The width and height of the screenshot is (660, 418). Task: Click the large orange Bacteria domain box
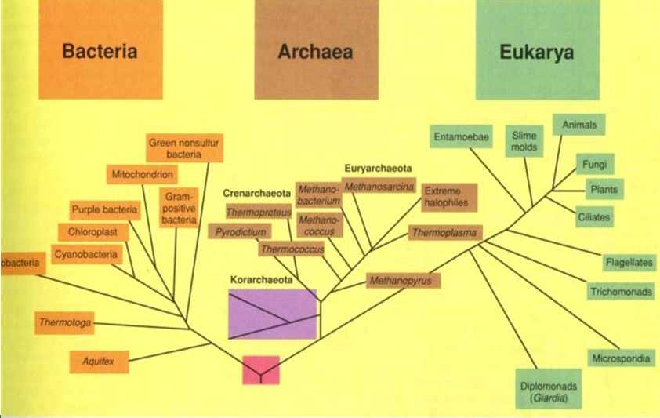100,53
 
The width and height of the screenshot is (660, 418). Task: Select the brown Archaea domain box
315,53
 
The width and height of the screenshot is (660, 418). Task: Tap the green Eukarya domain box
537,53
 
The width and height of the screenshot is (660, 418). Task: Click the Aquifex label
98,362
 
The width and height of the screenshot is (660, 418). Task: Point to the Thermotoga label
65,322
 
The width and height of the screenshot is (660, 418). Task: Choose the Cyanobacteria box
86,254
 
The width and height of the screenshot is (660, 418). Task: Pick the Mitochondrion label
142,173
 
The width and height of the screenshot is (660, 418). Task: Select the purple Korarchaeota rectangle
272,314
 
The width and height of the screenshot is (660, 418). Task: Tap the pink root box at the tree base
261,369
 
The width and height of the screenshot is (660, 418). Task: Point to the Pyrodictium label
239,231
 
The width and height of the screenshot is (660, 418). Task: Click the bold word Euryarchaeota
378,168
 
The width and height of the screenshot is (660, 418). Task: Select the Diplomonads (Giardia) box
548,390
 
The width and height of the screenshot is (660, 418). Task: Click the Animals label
580,124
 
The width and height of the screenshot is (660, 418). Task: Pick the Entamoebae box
462,138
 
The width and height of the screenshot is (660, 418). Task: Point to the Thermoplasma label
445,232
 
